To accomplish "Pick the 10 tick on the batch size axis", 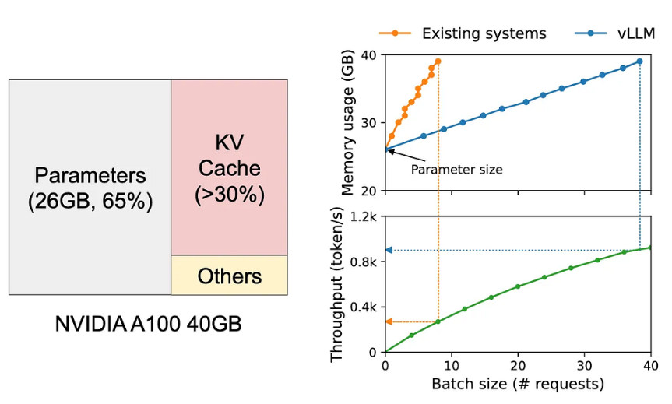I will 452,366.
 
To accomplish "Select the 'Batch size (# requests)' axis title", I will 517,384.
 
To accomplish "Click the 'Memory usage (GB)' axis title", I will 348,122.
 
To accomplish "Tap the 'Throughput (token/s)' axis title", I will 337,284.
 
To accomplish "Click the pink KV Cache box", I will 229,167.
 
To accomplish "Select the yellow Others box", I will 229,276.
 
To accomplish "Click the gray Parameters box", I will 90,187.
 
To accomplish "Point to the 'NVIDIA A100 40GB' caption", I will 148,324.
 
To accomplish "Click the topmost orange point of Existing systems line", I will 438,61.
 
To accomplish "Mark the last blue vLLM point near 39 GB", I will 640,61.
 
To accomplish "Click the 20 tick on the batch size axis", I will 518,366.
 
